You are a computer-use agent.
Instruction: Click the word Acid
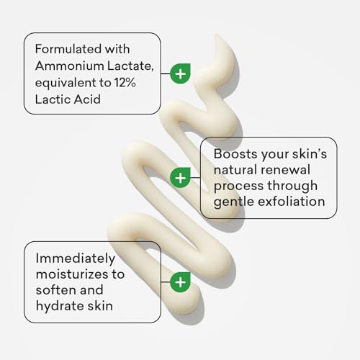(x=87, y=99)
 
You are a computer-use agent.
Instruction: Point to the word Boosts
(x=235, y=153)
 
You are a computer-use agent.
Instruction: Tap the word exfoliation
(x=292, y=201)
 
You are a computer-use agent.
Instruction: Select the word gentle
(x=234, y=202)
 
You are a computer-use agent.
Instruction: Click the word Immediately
(x=76, y=259)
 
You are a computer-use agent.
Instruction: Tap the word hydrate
(x=60, y=306)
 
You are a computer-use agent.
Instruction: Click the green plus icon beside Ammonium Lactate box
(x=180, y=73)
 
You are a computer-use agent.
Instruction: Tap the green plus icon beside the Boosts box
(x=180, y=178)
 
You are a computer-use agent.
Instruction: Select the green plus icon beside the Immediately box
(x=180, y=282)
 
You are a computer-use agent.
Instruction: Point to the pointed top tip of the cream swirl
(x=217, y=35)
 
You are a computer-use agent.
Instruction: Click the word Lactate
(x=130, y=66)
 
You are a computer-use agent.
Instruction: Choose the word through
(x=292, y=186)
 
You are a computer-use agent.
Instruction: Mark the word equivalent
(x=66, y=83)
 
